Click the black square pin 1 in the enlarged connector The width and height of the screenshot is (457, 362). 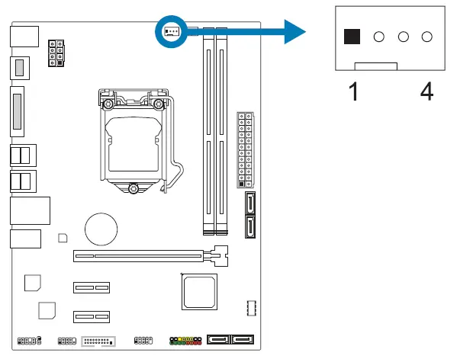pyautogui.click(x=352, y=37)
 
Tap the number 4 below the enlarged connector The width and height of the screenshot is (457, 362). pyautogui.click(x=426, y=91)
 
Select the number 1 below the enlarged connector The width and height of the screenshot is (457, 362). pyautogui.click(x=353, y=91)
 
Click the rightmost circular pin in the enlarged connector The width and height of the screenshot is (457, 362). pyautogui.click(x=426, y=37)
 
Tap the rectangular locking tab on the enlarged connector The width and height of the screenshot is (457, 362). pyautogui.click(x=377, y=69)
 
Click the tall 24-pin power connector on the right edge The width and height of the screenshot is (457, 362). pyautogui.click(x=245, y=151)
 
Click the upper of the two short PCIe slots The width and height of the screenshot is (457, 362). pyautogui.click(x=91, y=288)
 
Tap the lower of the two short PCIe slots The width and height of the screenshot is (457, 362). pyautogui.click(x=91, y=316)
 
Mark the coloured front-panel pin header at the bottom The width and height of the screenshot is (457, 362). pyautogui.click(x=186, y=340)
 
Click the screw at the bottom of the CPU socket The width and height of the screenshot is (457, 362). pyautogui.click(x=134, y=188)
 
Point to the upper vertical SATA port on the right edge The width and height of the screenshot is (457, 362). pyautogui.click(x=252, y=205)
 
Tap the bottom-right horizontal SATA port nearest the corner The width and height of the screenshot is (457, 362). pyautogui.click(x=243, y=340)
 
